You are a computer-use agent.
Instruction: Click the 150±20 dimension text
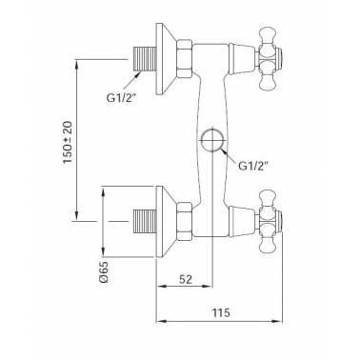coord(68,143)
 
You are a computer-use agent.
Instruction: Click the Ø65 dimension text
coord(104,271)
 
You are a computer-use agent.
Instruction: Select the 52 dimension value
coord(186,279)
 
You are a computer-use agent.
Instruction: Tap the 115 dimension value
coord(221,312)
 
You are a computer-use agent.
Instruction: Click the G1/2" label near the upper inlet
coord(121,98)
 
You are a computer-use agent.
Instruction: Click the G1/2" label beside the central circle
coord(253,166)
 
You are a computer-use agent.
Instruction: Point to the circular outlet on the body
coord(212,140)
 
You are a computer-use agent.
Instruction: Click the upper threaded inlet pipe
coord(145,59)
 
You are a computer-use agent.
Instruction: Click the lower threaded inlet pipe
coord(145,221)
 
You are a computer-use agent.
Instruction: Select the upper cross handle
coord(270,59)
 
